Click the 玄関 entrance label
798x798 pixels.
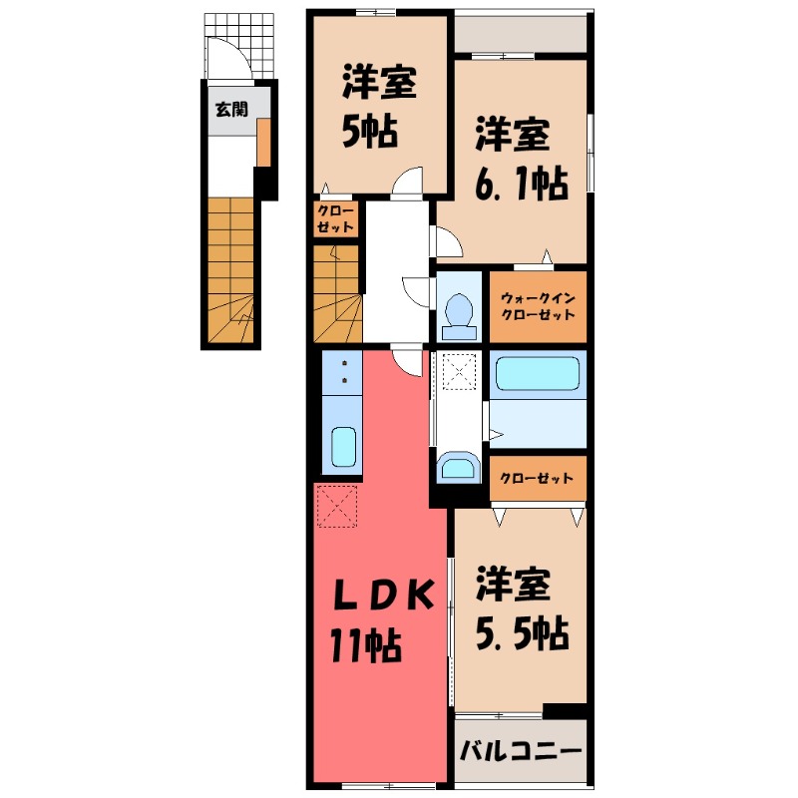230,109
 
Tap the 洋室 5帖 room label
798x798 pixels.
379,104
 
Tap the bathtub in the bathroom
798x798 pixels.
538,375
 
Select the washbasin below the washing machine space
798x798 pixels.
458,468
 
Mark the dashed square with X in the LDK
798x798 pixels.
336,506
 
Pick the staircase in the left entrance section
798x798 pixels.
231,269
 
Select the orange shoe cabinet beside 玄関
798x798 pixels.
262,143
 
